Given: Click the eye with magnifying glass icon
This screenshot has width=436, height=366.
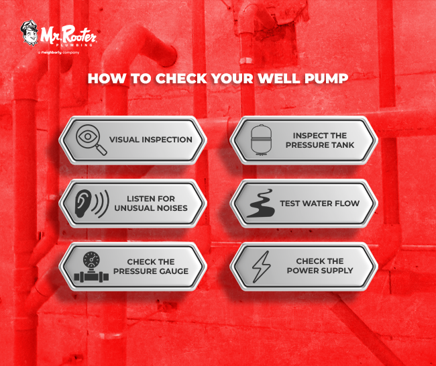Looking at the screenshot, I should point(91,140).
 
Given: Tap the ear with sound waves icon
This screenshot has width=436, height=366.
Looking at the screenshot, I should point(91,203).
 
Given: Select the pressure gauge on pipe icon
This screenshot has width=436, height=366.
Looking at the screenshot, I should point(91,265).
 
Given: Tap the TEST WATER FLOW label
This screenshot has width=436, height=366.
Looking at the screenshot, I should point(319,203).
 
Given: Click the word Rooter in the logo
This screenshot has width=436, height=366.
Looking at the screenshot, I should point(79,32).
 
